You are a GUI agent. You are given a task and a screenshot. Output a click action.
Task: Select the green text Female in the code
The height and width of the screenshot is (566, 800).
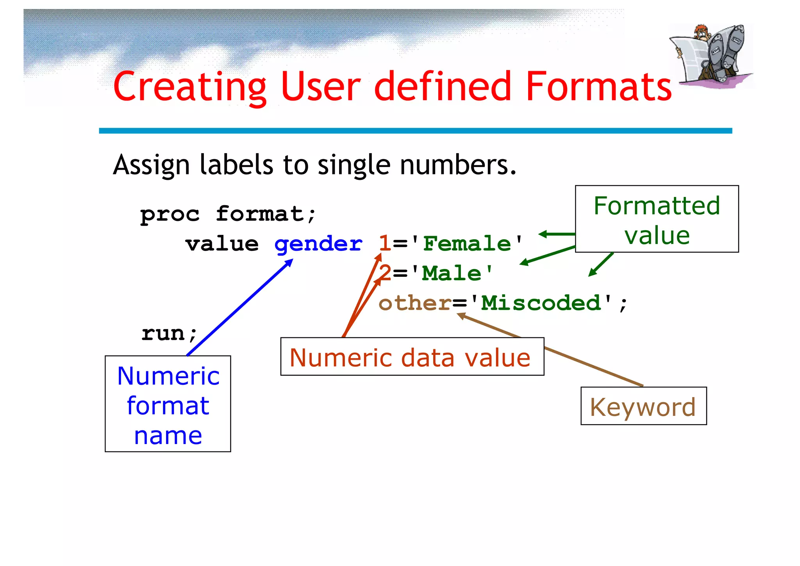(x=467, y=244)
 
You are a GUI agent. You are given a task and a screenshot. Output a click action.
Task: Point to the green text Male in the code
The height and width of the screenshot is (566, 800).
(x=452, y=273)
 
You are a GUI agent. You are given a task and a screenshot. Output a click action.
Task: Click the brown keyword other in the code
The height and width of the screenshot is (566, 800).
(x=415, y=303)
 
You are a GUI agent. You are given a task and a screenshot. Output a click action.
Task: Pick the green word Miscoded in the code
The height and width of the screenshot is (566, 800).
(x=541, y=303)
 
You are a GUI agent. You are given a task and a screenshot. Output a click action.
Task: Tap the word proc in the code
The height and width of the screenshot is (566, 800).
(x=170, y=215)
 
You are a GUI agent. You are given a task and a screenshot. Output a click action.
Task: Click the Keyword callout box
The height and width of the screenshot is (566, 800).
(x=643, y=406)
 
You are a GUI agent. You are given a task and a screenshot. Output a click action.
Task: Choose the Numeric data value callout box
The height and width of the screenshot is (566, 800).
(x=412, y=356)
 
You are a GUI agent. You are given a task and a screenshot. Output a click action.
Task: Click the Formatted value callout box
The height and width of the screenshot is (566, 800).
(x=657, y=219)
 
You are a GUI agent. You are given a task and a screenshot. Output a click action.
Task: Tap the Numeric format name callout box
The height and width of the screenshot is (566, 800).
(x=168, y=404)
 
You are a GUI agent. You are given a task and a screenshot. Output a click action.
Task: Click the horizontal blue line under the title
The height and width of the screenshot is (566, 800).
(x=415, y=131)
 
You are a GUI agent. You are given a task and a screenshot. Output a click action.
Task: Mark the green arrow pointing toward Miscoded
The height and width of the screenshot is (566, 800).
(x=601, y=265)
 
